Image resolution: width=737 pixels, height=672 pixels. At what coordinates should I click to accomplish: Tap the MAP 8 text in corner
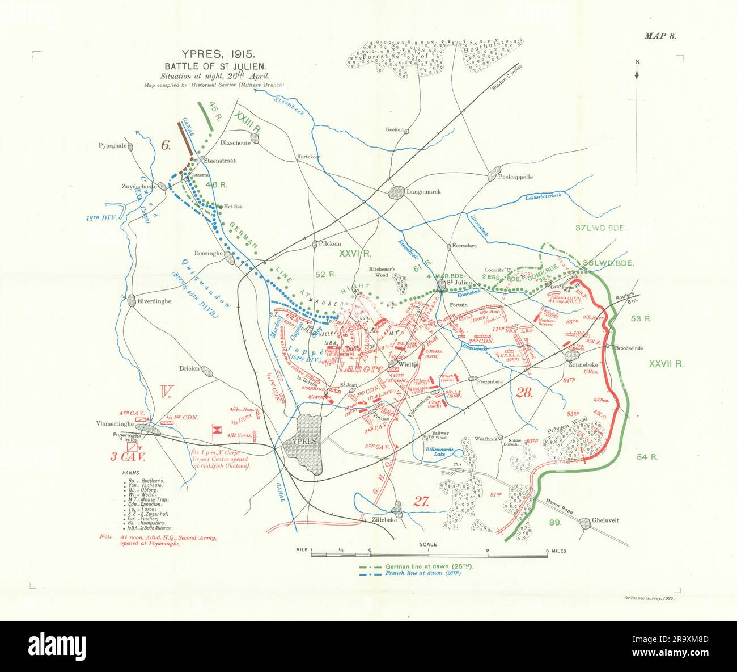(660, 36)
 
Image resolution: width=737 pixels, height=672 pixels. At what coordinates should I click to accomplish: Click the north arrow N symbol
(637, 62)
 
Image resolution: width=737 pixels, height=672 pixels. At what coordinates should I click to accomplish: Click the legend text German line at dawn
(429, 566)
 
